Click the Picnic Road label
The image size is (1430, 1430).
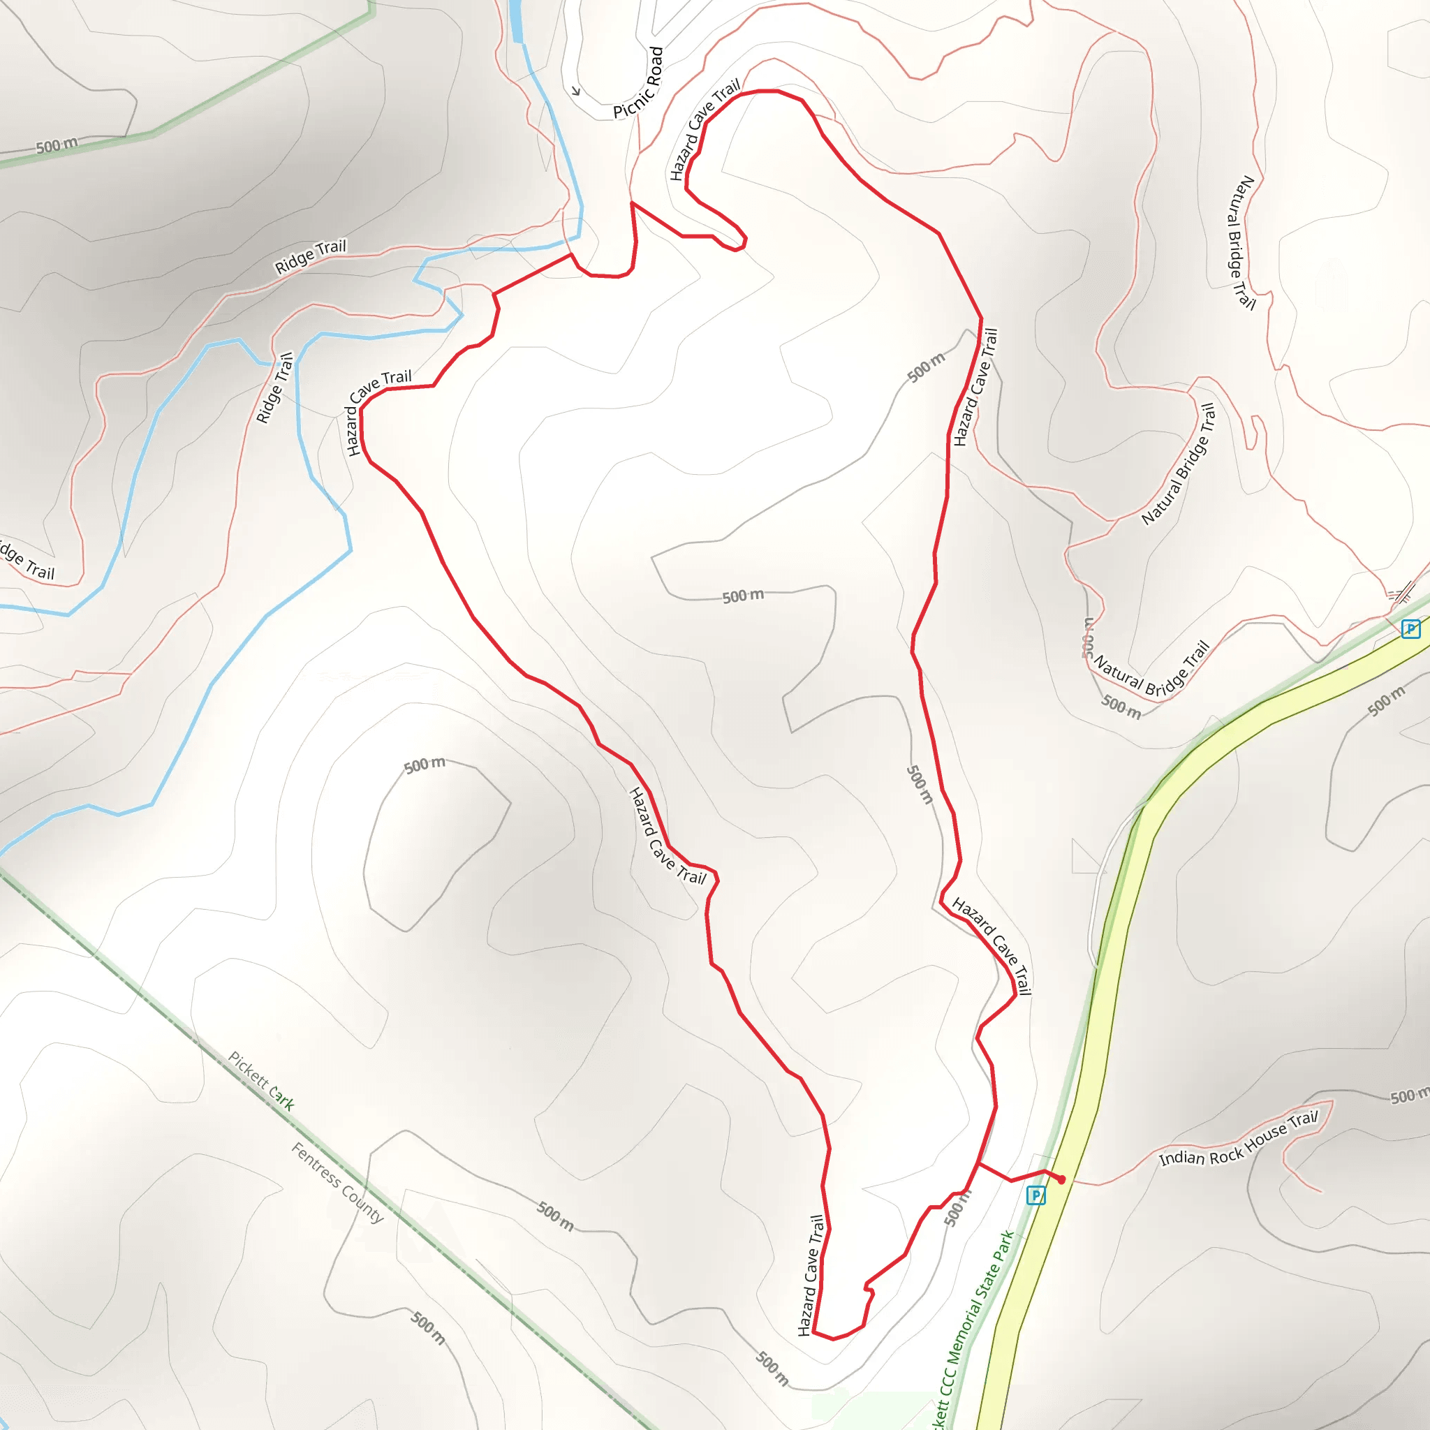(x=639, y=83)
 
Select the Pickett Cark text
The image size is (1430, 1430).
(x=261, y=1081)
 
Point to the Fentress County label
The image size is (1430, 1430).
(x=337, y=1182)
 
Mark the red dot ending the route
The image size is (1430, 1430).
(x=1061, y=1180)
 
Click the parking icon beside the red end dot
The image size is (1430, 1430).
(x=1036, y=1195)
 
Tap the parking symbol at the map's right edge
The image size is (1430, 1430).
(x=1410, y=629)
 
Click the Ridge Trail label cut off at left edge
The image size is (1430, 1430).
(x=26, y=561)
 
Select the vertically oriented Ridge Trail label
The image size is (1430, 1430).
(x=274, y=387)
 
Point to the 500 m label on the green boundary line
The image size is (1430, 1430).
(x=57, y=145)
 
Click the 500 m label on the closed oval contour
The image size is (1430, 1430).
(x=425, y=765)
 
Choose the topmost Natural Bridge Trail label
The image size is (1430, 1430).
(x=1242, y=242)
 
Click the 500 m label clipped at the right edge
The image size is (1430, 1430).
(x=1408, y=1096)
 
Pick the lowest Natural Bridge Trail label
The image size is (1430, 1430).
(x=1151, y=669)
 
